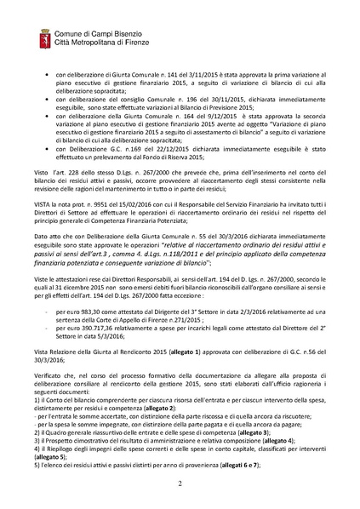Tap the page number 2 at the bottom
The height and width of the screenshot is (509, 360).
tap(180, 482)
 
